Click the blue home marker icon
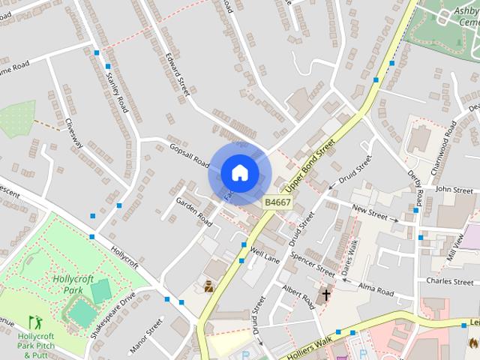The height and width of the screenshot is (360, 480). [x=239, y=172]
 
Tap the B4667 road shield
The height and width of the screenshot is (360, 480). [x=277, y=202]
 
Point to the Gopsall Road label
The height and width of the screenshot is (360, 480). [x=188, y=154]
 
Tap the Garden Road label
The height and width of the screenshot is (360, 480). [x=194, y=212]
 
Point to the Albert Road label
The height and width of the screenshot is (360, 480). [x=298, y=294]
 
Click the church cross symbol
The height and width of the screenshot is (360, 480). [x=326, y=295]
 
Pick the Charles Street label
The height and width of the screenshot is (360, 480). [x=449, y=281]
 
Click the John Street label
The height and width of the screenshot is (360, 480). [x=453, y=190]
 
